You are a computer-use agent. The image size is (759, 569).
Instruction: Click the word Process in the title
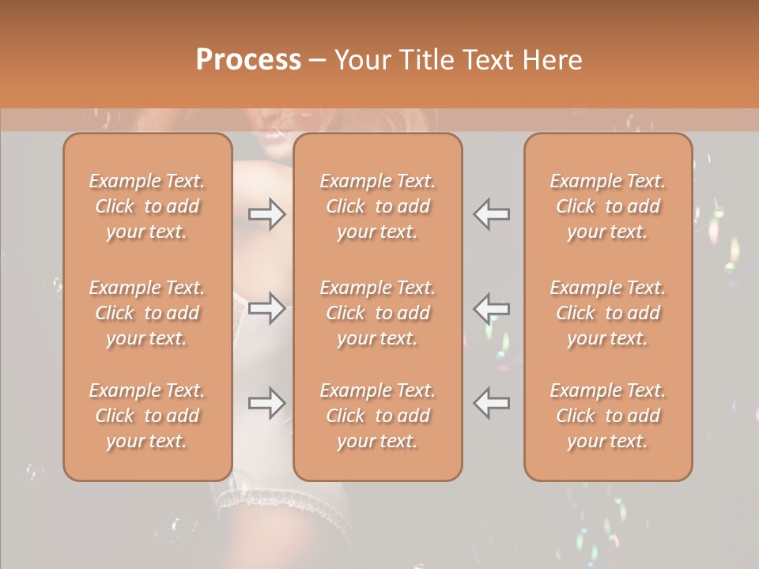(x=248, y=60)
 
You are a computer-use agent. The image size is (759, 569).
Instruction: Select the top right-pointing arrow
(x=267, y=214)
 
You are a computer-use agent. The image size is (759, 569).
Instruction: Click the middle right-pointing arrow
(x=267, y=307)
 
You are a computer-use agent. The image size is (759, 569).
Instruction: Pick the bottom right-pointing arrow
(x=267, y=403)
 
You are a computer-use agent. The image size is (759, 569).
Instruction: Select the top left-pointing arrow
(x=492, y=214)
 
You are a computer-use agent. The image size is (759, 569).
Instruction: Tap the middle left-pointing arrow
(x=492, y=307)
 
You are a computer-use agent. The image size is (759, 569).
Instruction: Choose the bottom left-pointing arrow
(x=492, y=403)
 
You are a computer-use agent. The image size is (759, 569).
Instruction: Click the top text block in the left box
(x=147, y=206)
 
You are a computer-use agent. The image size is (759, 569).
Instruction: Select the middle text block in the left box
(x=147, y=313)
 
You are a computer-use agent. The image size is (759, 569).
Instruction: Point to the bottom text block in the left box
(x=147, y=416)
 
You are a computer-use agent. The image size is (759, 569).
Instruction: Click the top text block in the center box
(x=378, y=206)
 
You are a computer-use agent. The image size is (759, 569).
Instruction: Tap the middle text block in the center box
(x=378, y=313)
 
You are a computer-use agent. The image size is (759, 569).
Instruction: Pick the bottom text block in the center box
(x=378, y=416)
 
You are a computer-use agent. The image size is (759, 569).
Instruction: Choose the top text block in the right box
(x=608, y=206)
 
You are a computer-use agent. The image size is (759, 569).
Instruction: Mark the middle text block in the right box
(x=608, y=313)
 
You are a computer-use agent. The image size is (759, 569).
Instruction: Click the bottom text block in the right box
(x=608, y=416)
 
